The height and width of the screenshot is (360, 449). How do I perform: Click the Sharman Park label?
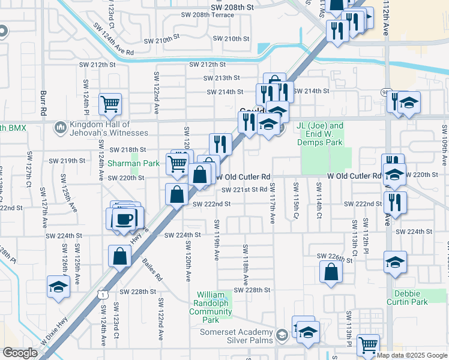point(133,163)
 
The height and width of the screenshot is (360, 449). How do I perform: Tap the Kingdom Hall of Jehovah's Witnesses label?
point(109,128)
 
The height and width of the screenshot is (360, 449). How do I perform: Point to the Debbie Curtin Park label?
point(411,298)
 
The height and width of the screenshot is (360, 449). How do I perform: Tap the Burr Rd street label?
point(43,104)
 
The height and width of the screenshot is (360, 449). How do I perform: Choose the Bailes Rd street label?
point(152,269)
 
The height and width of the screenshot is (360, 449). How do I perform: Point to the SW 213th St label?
point(221,78)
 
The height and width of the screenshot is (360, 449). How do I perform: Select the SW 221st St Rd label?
point(244,190)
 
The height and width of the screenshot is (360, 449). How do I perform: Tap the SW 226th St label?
point(335,258)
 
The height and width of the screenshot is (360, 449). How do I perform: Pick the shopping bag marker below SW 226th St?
point(331,272)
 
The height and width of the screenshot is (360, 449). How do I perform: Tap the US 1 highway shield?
point(104,295)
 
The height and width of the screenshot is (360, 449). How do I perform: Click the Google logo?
point(20,353)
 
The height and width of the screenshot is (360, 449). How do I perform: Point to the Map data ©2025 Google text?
point(412,355)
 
